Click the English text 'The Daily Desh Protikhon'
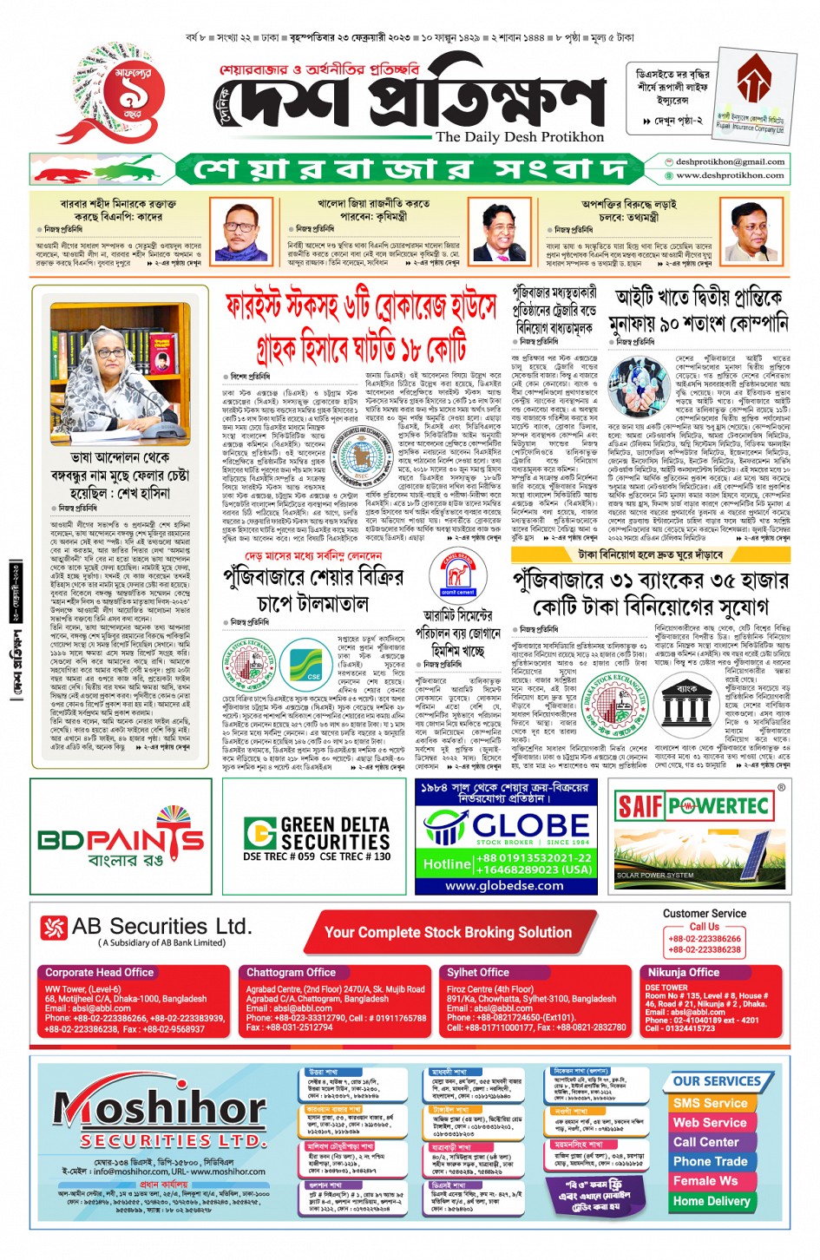[520, 137]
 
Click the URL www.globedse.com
[504, 885]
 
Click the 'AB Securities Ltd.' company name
[161, 927]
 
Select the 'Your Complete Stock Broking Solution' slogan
[448, 932]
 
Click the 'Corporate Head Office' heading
[99, 973]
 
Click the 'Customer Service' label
[704, 913]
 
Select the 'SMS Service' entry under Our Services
[710, 1103]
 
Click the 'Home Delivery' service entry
[712, 1201]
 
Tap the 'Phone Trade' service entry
[710, 1161]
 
